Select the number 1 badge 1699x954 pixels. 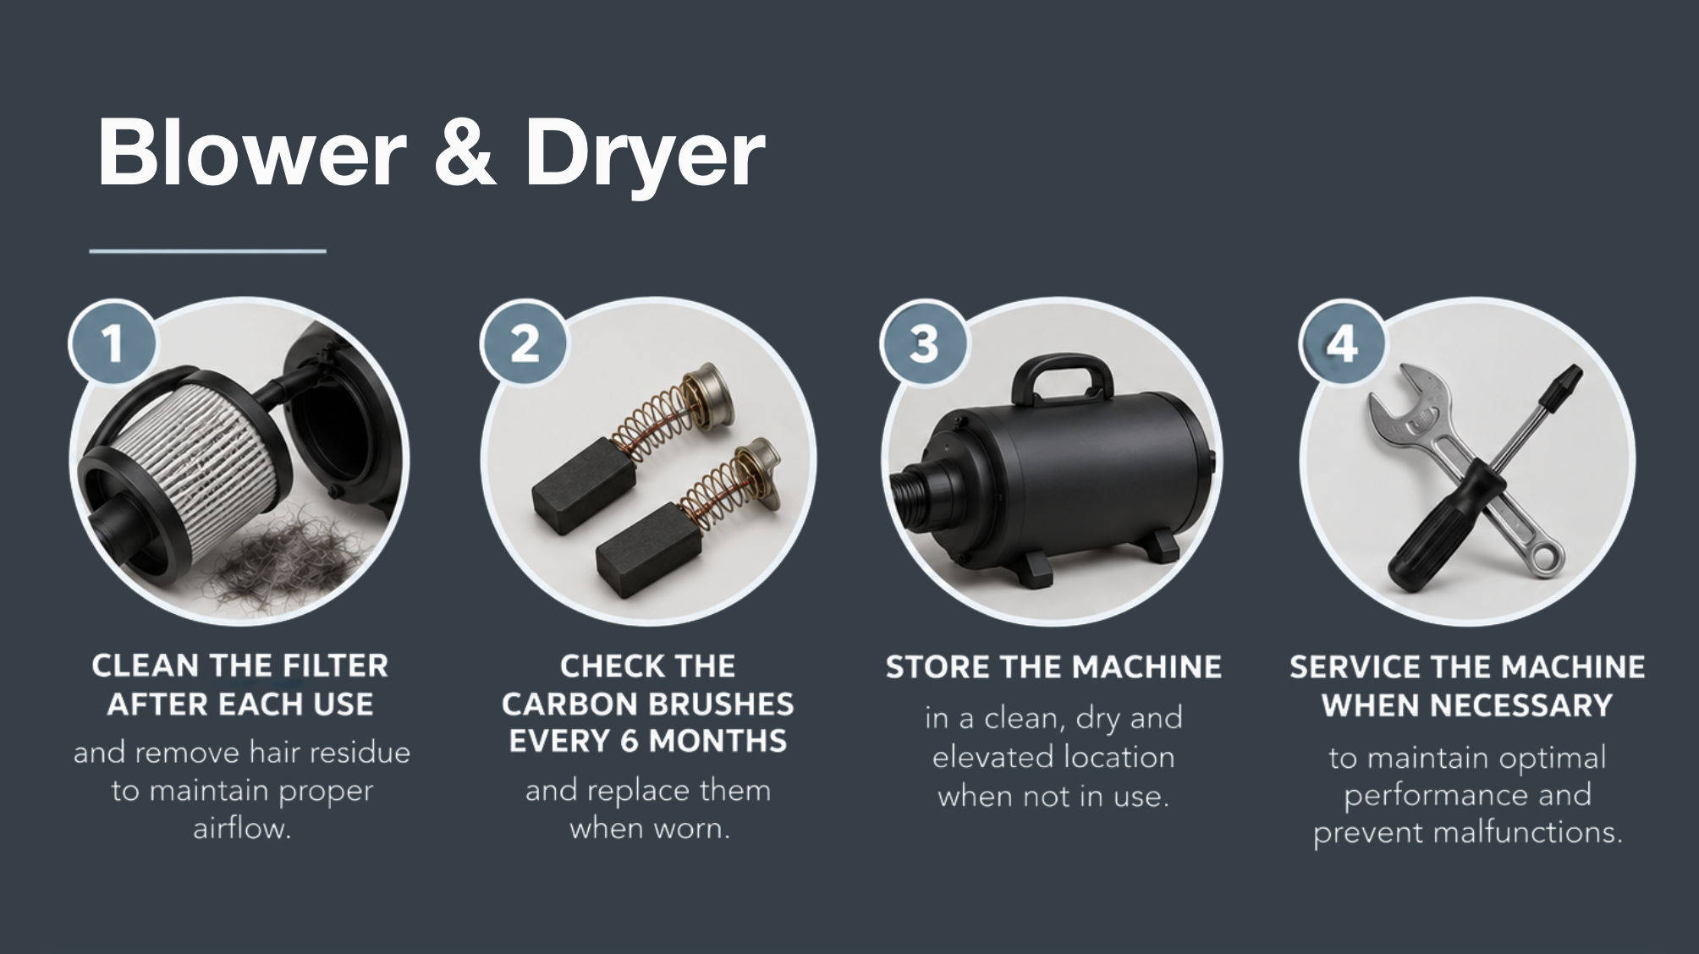[112, 344]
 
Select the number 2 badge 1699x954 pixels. [524, 344]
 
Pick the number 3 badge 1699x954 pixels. [923, 344]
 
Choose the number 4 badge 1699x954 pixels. [1342, 344]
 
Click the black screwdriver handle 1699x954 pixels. [1438, 524]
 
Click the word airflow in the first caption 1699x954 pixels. [242, 828]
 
